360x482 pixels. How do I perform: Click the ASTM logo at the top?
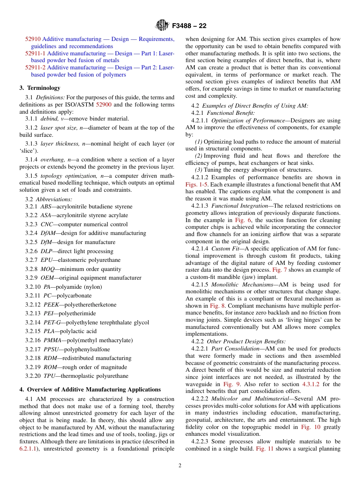[163, 26]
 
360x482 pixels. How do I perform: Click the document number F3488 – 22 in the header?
[189, 26]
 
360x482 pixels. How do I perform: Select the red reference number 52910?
[33, 39]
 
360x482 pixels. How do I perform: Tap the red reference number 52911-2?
[35, 67]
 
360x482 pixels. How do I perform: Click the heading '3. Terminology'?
[40, 88]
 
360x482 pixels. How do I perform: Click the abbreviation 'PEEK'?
[51, 305]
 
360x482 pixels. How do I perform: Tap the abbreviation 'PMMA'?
[52, 340]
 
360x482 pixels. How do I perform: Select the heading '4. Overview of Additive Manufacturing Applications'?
[90, 390]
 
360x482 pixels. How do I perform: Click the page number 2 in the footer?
[180, 466]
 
